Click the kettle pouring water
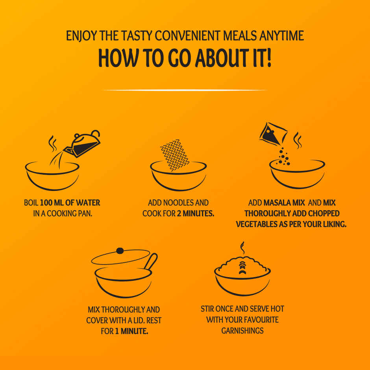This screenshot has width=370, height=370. tap(83, 144)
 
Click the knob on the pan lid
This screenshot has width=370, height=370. tap(120, 250)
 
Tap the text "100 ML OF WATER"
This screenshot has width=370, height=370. tap(70, 203)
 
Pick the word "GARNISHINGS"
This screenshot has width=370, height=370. tap(242, 330)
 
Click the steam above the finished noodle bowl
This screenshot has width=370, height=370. tap(242, 248)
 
